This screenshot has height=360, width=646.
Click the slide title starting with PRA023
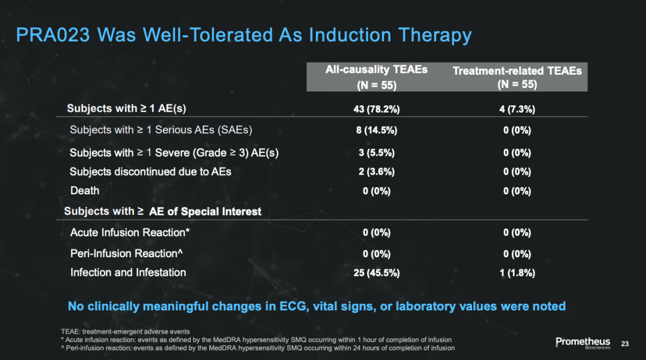pos(244,35)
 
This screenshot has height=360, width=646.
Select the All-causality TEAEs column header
pos(377,77)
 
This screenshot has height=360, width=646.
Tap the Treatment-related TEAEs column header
pos(517,77)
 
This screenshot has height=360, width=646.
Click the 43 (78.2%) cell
pos(377,109)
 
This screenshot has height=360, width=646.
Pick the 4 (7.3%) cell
pos(517,109)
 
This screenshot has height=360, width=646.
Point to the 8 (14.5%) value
pos(377,130)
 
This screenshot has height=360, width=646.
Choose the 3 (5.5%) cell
pos(377,153)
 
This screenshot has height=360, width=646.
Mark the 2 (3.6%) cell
pos(377,172)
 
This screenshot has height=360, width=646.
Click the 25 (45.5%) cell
pos(377,273)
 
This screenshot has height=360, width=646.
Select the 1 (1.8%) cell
pos(517,273)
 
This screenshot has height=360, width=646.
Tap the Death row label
pos(85,191)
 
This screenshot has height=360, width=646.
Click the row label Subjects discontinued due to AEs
pos(150,172)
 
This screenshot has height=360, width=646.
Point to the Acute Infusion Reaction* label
pos(130,232)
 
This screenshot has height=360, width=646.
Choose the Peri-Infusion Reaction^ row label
pos(126,254)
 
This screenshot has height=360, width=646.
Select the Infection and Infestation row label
pos(128,272)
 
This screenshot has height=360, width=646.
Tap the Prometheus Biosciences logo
pos(583,343)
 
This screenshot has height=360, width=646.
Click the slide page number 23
pos(625,343)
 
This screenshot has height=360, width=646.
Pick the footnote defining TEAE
pos(125,331)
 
